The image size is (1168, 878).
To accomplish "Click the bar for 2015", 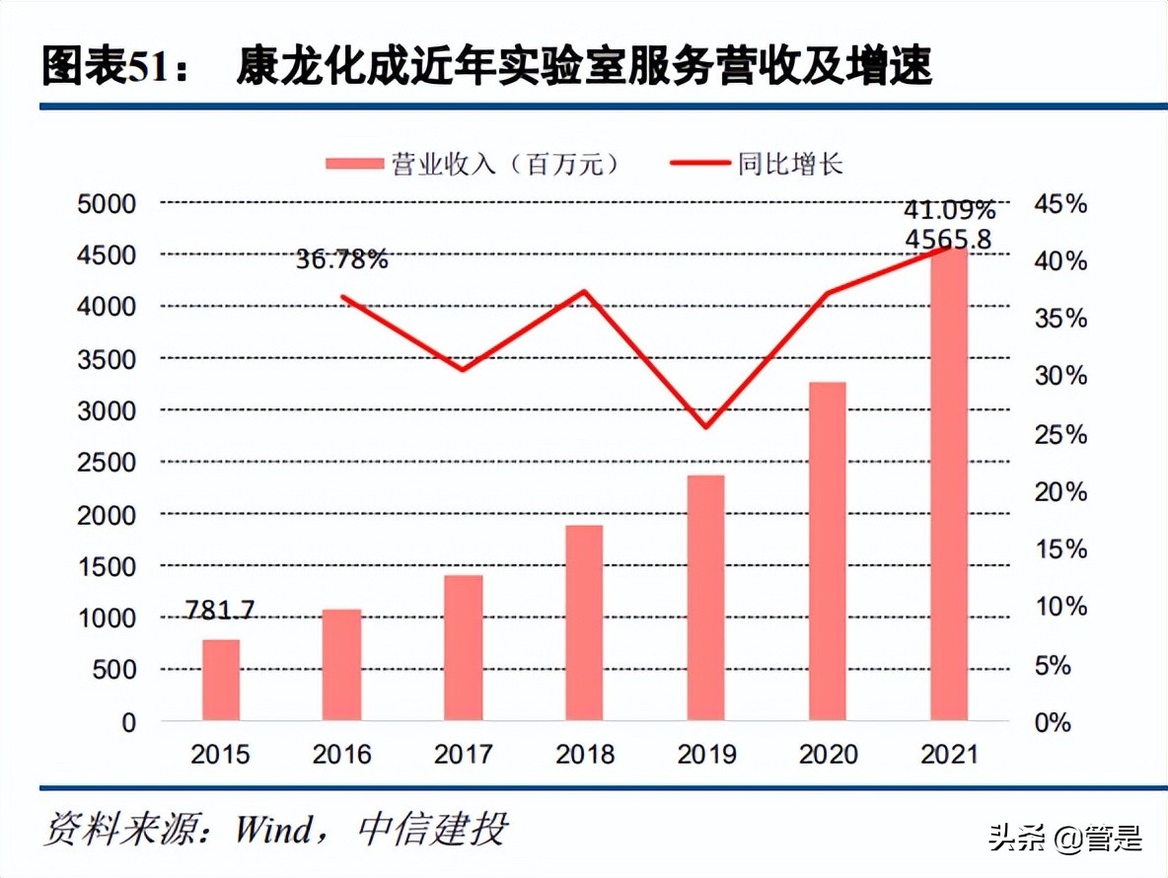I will click(x=221, y=680).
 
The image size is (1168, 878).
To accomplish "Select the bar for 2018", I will click(x=584, y=622).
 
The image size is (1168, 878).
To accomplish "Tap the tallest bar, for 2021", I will click(x=949, y=483).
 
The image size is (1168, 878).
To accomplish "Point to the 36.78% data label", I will click(x=341, y=260).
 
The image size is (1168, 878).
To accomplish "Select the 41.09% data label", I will click(x=950, y=210).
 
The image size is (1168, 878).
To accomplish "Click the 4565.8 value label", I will click(x=950, y=239).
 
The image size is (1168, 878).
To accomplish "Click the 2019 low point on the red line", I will click(x=705, y=427).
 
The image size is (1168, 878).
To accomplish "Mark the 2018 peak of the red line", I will click(x=584, y=291).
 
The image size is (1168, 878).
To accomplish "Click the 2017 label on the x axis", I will click(x=463, y=755).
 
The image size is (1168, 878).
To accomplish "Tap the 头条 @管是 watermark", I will click(x=1065, y=839).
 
